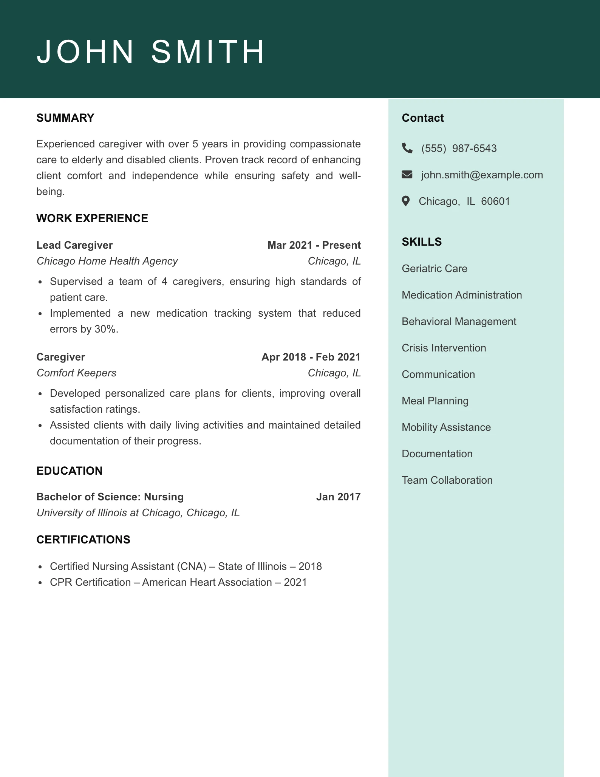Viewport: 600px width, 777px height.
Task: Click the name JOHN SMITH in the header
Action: coord(151,51)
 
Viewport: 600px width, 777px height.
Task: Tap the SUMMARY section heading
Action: coord(65,118)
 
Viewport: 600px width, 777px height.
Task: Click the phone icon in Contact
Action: coord(407,148)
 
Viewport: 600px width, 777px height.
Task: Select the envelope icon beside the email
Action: coord(407,175)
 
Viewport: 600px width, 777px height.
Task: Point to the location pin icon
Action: coord(406,201)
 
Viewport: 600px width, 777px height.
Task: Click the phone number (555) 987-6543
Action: coord(459,149)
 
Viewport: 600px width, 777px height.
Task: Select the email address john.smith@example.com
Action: coord(482,175)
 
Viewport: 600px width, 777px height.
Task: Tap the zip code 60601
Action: coord(495,201)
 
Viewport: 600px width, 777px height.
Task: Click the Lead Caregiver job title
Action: coord(74,245)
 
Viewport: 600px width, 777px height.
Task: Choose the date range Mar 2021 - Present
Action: coord(314,245)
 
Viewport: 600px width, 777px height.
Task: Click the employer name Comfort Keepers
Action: coord(76,373)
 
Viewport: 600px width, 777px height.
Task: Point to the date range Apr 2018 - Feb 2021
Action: coord(311,357)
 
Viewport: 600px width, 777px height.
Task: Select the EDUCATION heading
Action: coord(70,471)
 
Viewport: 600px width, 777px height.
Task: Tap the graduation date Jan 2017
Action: coord(338,497)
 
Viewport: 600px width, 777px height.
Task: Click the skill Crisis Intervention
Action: coord(444,348)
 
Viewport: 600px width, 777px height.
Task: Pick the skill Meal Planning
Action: coord(435,401)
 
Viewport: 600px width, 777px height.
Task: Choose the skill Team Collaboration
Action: coord(447,480)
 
